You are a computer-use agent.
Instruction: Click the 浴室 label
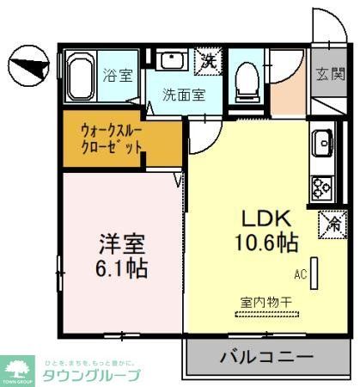[119, 75]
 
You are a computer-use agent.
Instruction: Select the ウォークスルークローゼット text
[112, 139]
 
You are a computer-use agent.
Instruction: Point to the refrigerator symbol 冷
[331, 223]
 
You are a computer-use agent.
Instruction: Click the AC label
[300, 274]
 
